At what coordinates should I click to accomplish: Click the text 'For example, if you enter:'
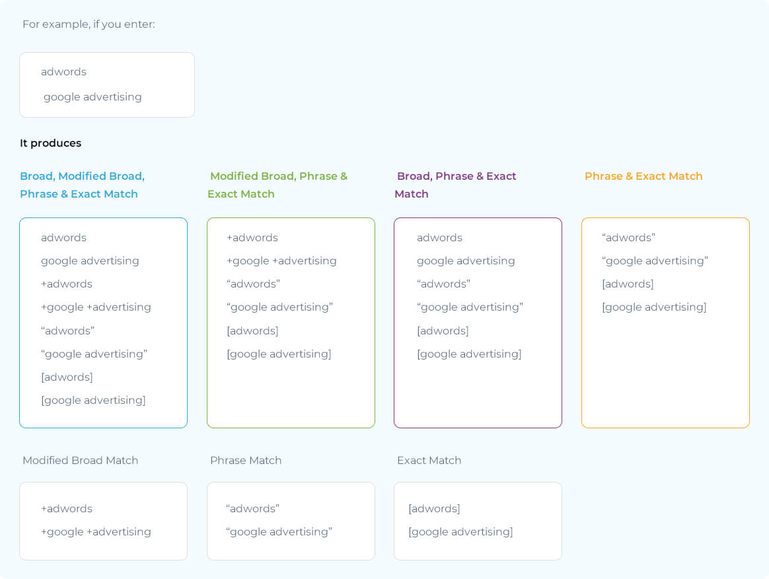[x=89, y=24]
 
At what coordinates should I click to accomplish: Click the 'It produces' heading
[x=50, y=143]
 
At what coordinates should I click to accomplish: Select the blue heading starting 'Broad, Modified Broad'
[x=83, y=185]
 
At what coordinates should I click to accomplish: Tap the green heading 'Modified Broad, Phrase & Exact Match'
[x=277, y=185]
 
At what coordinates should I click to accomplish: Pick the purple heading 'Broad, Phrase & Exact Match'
[x=456, y=185]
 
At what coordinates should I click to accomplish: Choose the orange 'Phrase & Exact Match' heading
[x=643, y=176]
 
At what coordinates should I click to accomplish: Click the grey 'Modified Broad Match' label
[x=81, y=460]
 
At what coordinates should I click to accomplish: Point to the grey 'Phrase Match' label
[x=246, y=460]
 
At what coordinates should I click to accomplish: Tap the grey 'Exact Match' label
[x=429, y=460]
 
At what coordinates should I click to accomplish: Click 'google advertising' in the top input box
[x=92, y=97]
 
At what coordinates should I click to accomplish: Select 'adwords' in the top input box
[x=64, y=71]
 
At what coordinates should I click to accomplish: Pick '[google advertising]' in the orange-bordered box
[x=654, y=307]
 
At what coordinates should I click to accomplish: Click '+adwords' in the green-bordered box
[x=252, y=237]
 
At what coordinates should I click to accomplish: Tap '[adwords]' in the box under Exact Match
[x=434, y=509]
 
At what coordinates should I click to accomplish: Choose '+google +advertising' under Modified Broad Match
[x=96, y=532]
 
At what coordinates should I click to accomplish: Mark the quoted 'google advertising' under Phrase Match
[x=279, y=532]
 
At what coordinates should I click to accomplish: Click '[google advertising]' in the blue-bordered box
[x=93, y=401]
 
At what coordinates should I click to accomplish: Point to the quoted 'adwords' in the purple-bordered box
[x=444, y=284]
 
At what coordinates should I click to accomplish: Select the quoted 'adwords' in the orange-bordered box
[x=628, y=237]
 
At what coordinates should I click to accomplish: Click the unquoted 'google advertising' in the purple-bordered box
[x=466, y=261]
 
